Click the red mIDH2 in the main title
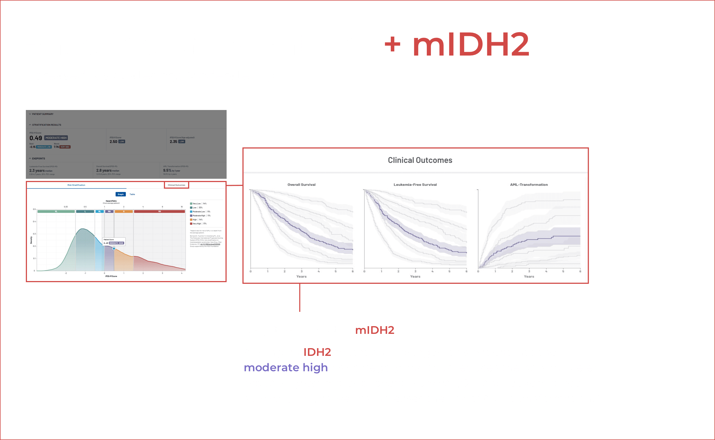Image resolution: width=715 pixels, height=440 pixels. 471,45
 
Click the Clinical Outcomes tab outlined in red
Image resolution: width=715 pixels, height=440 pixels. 176,185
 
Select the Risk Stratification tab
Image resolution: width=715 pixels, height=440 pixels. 76,185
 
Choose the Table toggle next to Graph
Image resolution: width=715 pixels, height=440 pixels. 132,194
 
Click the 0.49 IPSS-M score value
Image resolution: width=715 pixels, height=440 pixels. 35,138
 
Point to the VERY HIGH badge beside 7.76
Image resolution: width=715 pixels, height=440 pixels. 65,147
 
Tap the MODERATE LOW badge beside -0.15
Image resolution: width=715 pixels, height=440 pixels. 44,147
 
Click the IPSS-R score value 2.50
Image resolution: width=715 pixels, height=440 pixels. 113,142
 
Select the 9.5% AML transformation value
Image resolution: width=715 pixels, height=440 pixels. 167,170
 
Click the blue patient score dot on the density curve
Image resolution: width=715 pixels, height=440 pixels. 114,249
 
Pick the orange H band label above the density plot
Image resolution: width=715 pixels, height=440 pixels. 124,211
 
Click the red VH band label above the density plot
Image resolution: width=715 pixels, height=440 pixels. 159,211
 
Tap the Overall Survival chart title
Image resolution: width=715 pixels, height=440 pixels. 301,185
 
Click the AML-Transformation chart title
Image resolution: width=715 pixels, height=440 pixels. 529,185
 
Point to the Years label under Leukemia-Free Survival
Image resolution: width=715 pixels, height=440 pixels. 415,276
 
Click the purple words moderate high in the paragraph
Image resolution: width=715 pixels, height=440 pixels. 286,368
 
